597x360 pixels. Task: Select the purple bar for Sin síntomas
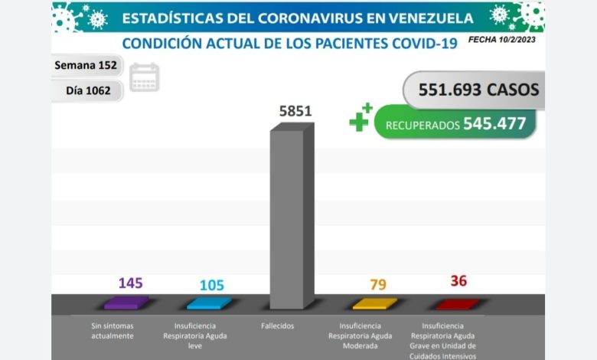point(126,303)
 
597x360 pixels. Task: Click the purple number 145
point(130,283)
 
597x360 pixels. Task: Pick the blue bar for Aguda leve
point(208,303)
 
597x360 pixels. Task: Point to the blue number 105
point(211,285)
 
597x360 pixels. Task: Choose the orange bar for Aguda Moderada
point(374,303)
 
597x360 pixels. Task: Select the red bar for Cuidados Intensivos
point(457,303)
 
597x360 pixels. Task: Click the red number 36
point(458,281)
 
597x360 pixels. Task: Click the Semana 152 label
point(85,65)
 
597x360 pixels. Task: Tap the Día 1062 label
point(88,90)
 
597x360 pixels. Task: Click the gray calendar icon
point(144,77)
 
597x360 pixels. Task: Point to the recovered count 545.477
point(494,123)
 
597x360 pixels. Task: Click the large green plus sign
point(359,119)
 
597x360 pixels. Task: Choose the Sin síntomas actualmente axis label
point(112,331)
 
